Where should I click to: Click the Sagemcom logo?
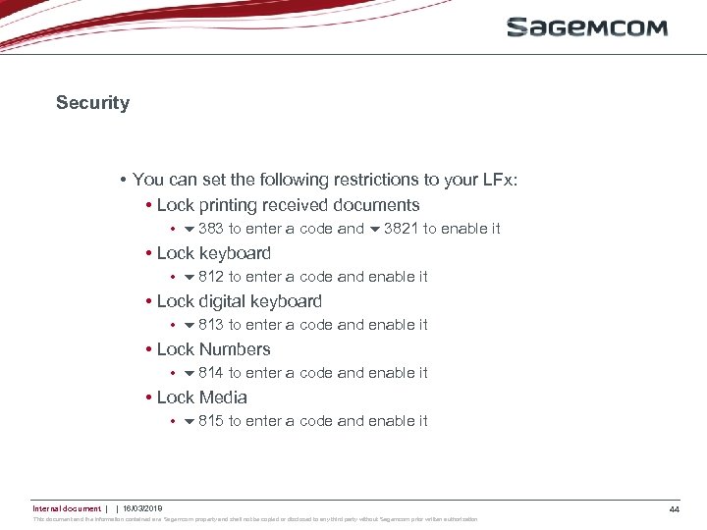[x=586, y=27]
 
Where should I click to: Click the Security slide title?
[x=92, y=103]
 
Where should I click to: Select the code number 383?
[x=210, y=229]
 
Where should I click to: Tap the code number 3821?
[x=401, y=229]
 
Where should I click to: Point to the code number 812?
[x=210, y=277]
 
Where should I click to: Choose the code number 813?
[x=210, y=325]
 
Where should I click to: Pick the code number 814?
[x=210, y=373]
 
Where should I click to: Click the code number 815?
[x=210, y=421]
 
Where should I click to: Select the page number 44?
[x=674, y=509]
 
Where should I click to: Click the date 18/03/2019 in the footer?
[x=142, y=508]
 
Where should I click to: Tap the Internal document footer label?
[x=66, y=508]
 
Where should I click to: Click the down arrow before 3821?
[x=374, y=230]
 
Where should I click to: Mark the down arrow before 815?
[x=190, y=422]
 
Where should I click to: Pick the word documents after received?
[x=378, y=205]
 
